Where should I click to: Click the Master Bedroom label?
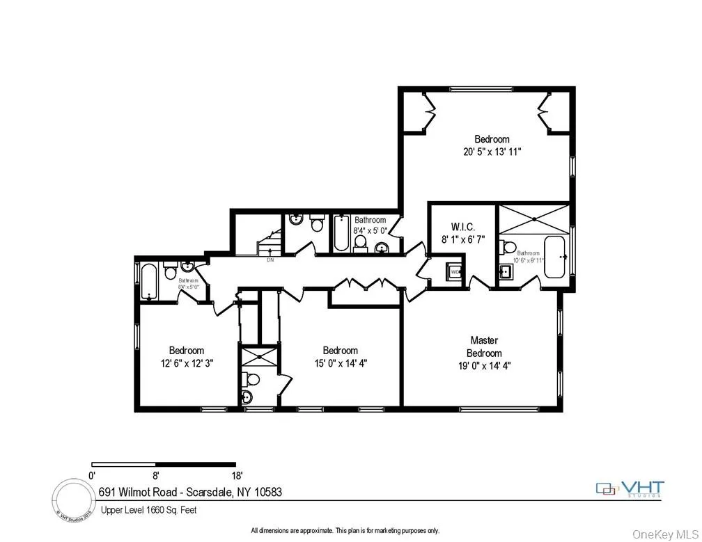click(x=483, y=346)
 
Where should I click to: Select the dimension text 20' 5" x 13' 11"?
click(x=492, y=152)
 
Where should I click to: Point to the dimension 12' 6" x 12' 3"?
click(x=186, y=363)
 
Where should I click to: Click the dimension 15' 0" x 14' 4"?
click(x=340, y=363)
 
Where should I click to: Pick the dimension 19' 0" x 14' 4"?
click(x=483, y=365)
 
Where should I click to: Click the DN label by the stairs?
click(x=270, y=261)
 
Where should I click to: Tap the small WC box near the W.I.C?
click(x=455, y=271)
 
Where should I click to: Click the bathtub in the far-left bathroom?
click(x=148, y=280)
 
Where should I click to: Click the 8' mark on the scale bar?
click(x=156, y=476)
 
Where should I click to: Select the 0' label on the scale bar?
click(x=92, y=476)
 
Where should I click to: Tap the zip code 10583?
click(x=267, y=492)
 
